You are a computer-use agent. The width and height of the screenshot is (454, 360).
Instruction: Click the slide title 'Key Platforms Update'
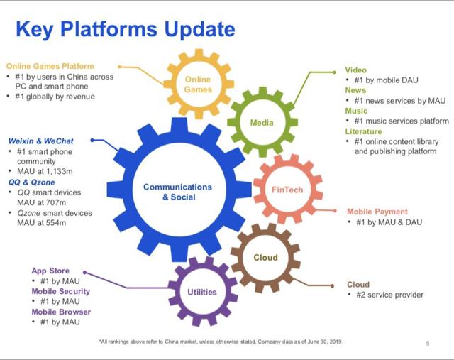[x=125, y=29]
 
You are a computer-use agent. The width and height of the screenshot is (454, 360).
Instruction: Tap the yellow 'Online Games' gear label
[x=198, y=84]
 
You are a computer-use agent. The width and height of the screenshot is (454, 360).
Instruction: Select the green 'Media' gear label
[x=262, y=123]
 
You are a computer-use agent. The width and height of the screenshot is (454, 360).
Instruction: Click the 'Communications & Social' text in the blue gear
[x=177, y=192]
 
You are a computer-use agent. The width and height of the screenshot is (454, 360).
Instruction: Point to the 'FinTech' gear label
[x=287, y=190]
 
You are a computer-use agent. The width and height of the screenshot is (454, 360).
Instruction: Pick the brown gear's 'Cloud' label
[x=265, y=257]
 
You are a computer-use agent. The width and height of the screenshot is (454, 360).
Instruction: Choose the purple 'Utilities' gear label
[x=202, y=292]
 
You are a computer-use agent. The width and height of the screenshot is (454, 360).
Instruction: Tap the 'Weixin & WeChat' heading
[x=42, y=141]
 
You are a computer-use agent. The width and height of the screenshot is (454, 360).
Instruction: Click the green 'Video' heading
[x=356, y=70]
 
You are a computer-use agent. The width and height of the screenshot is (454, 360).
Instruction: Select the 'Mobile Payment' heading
[x=377, y=212]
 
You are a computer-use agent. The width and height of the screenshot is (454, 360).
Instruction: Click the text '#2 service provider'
[x=393, y=295]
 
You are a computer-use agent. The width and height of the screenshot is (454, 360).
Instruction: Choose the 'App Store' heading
[x=50, y=271]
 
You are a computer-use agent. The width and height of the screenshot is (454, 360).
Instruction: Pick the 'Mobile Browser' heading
[x=61, y=312]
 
